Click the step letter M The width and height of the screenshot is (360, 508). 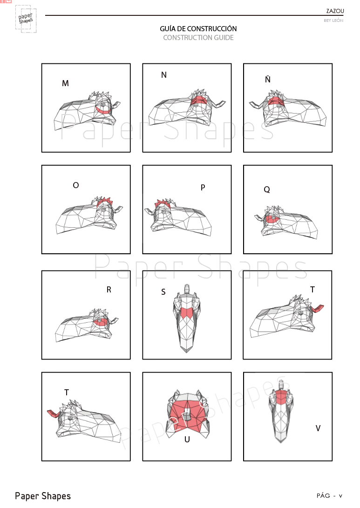tap(66, 83)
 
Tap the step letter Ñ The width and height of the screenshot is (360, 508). tap(268, 79)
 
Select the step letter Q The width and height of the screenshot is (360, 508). tap(267, 190)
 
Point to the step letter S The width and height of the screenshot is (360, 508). tap(163, 292)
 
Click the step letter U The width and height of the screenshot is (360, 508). tap(187, 439)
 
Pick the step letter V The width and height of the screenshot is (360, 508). tap(318, 428)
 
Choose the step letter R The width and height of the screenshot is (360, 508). tap(109, 290)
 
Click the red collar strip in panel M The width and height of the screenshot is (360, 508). tap(103, 111)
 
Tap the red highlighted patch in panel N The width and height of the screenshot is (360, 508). tap(198, 100)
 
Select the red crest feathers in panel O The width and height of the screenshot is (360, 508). tap(104, 202)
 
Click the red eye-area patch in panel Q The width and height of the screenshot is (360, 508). tap(272, 219)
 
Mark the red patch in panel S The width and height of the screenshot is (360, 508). tap(187, 312)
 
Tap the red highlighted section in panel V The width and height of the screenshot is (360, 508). tap(281, 397)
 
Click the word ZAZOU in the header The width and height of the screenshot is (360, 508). tap(335, 11)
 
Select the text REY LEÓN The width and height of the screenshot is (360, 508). tap(333, 20)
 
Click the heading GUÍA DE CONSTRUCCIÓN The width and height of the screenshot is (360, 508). tap(198, 28)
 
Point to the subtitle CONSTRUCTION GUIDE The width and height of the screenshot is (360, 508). tap(198, 38)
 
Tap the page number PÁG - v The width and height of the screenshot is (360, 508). tap(329, 496)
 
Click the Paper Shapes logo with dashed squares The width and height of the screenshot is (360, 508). tap(26, 19)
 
